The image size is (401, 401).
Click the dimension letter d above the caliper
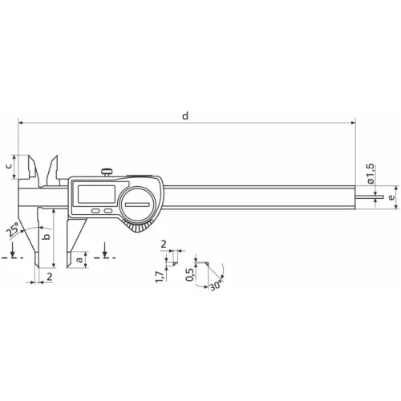[x=185, y=116]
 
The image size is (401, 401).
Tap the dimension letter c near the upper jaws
[x=9, y=166]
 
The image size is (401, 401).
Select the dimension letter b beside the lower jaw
[x=47, y=237]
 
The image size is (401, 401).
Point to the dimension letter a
[x=79, y=259]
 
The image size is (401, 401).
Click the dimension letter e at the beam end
[x=391, y=197]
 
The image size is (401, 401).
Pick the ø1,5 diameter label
[x=371, y=174]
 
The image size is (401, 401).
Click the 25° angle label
[x=13, y=229]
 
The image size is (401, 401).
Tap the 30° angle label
[x=216, y=285]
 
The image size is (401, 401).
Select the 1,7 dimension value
[x=160, y=277]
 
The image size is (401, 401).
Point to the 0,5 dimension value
[x=189, y=274]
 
